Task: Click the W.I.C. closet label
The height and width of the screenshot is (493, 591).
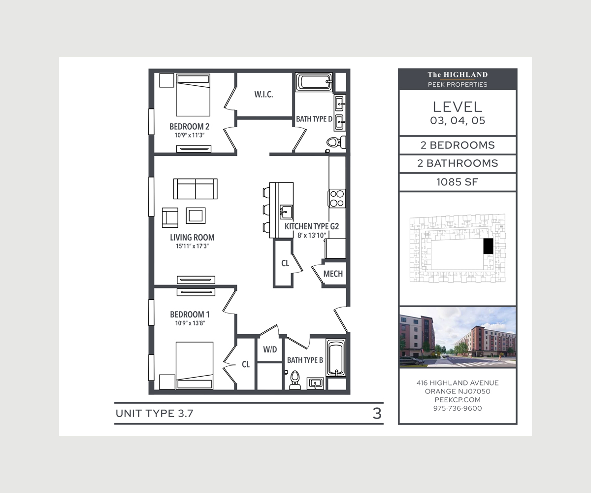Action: coord(263,95)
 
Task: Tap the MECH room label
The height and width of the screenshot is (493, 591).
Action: coord(333,274)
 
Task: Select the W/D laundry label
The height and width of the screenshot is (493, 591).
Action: coord(269,350)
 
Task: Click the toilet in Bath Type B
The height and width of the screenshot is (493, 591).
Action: coord(295,380)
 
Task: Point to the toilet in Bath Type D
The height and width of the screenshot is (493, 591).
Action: coord(333,142)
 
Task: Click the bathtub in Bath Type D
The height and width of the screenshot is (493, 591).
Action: coord(314,82)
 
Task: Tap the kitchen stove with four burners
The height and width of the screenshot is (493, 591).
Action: coord(337,198)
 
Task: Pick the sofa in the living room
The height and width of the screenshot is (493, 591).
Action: coord(196,189)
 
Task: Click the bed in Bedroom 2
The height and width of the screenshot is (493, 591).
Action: coord(193,95)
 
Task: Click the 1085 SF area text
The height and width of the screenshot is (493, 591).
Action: coord(457,182)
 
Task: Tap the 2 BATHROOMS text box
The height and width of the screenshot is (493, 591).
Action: coord(457,164)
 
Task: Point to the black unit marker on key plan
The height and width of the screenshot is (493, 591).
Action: coord(488,246)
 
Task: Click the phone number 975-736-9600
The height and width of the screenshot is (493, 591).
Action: coord(458,408)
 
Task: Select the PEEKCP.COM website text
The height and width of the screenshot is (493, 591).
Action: coord(458,400)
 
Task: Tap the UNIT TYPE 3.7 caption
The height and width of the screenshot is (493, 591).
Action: coord(154,414)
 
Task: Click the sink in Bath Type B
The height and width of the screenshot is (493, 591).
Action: coord(315,383)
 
